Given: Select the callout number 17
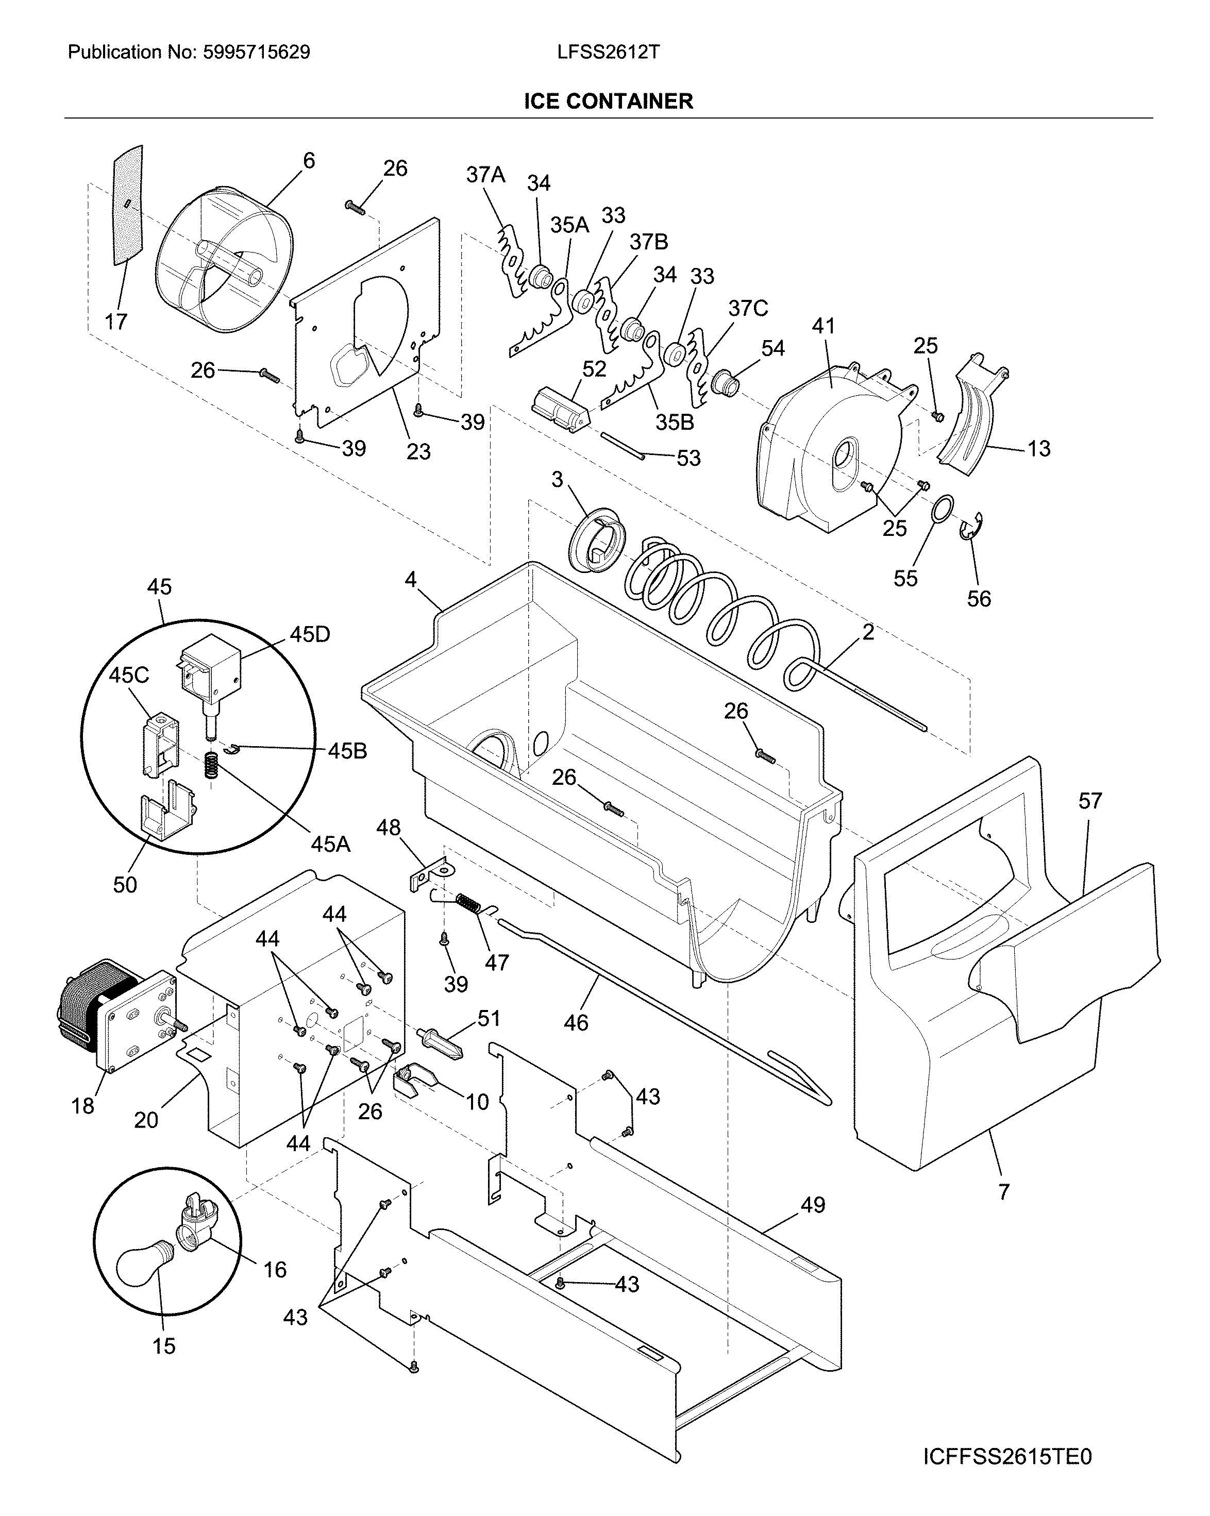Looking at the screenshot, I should point(116,322).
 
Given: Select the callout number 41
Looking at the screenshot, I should point(824,326).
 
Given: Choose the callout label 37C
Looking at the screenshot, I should point(748,308).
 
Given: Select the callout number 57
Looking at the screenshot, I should point(1090,800).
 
